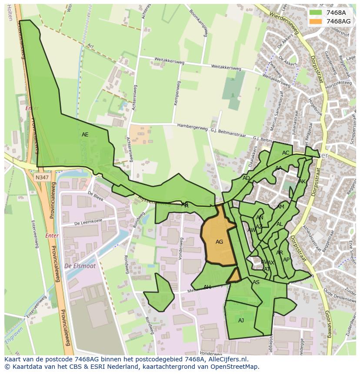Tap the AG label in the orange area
[219, 242]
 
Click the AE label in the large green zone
[85, 135]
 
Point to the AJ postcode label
[241, 321]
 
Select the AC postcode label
[286, 153]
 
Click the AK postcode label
[302, 182]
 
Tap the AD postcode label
[246, 178]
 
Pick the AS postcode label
[256, 282]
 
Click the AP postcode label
[286, 260]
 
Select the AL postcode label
[280, 224]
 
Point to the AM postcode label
[280, 207]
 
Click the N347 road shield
[42, 177]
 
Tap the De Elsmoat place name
[80, 266]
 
